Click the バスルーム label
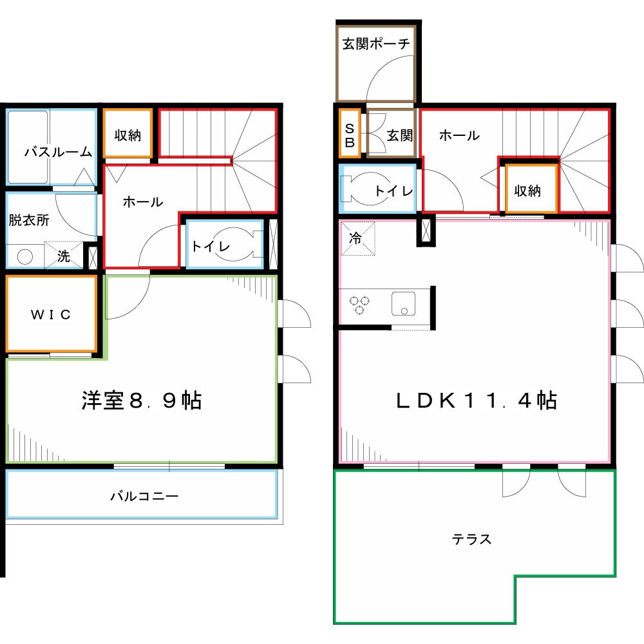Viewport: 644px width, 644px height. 58,153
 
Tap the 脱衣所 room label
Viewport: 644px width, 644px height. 29,220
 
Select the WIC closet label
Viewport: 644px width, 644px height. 51,315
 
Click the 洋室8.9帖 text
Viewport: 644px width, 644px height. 142,401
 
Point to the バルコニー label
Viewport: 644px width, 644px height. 144,497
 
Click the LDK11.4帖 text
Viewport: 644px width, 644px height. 476,401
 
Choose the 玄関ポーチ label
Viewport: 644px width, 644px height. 376,44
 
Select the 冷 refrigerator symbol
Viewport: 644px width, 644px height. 355,237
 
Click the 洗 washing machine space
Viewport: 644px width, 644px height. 64,256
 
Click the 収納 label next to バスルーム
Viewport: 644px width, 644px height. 128,136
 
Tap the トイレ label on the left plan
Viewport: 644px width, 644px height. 204,245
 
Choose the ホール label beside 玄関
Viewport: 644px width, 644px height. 459,135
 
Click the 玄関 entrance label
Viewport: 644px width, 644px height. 399,136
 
